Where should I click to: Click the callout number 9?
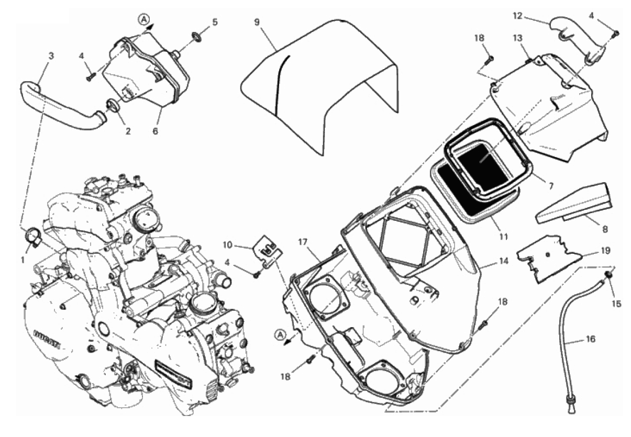(257, 23)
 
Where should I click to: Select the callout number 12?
(518, 16)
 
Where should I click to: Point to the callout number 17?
(303, 242)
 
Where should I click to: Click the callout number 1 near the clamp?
(23, 260)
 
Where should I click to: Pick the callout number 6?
(155, 131)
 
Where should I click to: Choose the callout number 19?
(606, 251)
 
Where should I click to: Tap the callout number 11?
(503, 237)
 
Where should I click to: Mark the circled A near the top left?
(143, 19)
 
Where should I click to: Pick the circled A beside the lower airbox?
(280, 334)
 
